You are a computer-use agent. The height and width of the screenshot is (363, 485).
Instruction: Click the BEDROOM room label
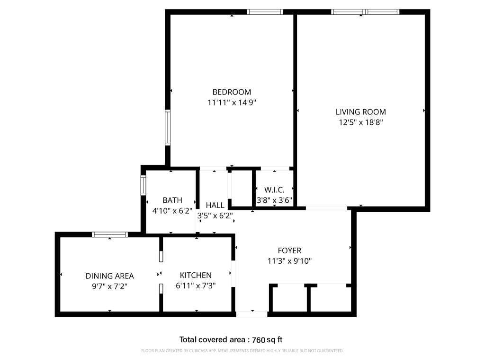click(232, 92)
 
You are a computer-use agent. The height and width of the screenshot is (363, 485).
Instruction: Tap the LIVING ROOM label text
click(360, 112)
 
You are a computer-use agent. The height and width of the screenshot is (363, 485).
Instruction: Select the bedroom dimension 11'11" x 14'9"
click(232, 102)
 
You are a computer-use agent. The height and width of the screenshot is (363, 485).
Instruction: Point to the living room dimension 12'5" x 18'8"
click(360, 122)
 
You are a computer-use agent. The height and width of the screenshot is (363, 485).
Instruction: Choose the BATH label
click(172, 200)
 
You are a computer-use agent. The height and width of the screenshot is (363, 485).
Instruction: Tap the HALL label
click(215, 205)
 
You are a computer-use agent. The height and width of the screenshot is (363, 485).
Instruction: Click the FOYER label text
click(289, 251)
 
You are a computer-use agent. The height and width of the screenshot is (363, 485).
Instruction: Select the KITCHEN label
click(196, 275)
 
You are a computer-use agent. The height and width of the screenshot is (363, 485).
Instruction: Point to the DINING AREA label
click(109, 276)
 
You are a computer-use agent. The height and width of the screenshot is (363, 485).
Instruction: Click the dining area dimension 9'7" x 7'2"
click(109, 286)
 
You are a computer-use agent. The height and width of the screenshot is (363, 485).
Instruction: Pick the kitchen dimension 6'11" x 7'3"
click(196, 285)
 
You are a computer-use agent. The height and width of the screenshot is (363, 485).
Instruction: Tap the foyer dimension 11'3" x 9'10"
click(289, 261)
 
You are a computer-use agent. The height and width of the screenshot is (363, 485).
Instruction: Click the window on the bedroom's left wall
click(167, 127)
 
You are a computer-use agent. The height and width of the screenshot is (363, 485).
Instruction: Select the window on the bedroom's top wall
click(265, 12)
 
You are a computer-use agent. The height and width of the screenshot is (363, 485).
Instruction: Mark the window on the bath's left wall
click(143, 185)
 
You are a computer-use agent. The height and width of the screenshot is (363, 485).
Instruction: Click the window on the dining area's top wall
click(109, 234)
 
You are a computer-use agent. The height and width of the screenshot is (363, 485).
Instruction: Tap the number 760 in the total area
click(258, 339)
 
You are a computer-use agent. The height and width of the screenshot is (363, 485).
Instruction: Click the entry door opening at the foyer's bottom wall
click(251, 314)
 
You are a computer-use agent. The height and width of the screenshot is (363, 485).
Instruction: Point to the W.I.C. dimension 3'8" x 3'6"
click(274, 200)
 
